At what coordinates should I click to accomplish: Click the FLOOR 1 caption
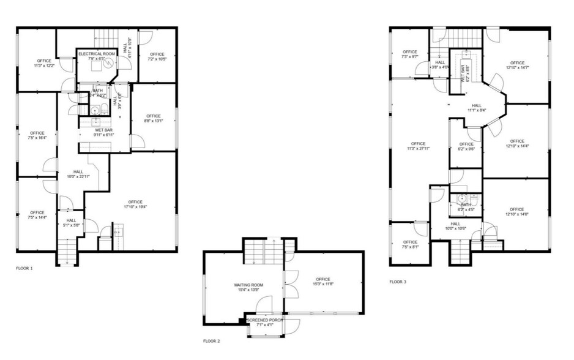click(24, 268)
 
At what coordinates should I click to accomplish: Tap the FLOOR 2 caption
click(211, 341)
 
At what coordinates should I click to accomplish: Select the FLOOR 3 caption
click(398, 282)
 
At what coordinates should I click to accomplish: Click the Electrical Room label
click(97, 54)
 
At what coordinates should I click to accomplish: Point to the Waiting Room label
click(248, 285)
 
